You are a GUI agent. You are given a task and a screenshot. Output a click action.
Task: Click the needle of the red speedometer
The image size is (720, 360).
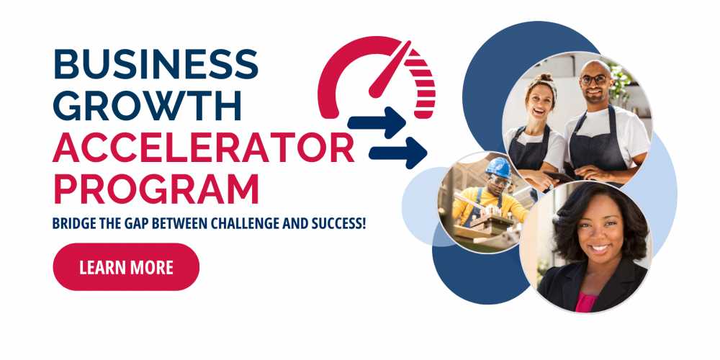pyautogui.click(x=390, y=70)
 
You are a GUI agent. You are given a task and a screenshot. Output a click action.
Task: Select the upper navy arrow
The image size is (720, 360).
pyautogui.click(x=377, y=122)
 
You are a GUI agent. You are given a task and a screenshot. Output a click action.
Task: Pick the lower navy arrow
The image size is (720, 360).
pyautogui.click(x=397, y=153)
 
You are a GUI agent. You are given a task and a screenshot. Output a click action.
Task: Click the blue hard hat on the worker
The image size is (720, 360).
pyautogui.click(x=499, y=167)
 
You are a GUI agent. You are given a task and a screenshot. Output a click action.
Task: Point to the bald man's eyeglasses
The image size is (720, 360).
pyautogui.click(x=595, y=79)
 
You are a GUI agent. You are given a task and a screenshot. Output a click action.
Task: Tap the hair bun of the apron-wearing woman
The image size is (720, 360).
pyautogui.click(x=544, y=77)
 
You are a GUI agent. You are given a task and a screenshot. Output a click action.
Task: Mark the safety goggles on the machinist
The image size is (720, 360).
pyautogui.click(x=500, y=181)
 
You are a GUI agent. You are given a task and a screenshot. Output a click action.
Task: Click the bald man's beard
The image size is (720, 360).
pyautogui.click(x=595, y=97)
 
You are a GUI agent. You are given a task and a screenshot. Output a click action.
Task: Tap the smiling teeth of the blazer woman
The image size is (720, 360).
pyautogui.click(x=600, y=248)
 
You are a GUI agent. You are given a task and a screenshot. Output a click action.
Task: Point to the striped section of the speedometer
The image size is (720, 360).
pyautogui.click(x=420, y=81)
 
